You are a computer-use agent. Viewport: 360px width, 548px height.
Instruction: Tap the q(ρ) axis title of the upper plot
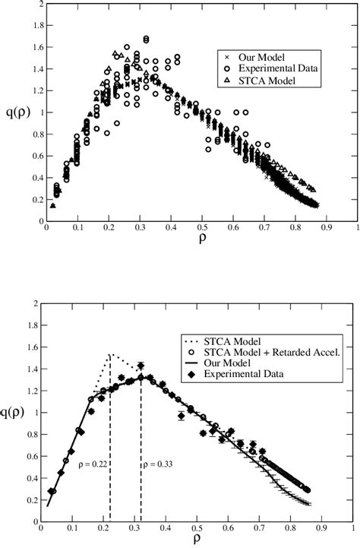click(x=15, y=116)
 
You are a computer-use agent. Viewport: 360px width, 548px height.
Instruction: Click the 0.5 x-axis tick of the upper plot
click(x=201, y=228)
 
